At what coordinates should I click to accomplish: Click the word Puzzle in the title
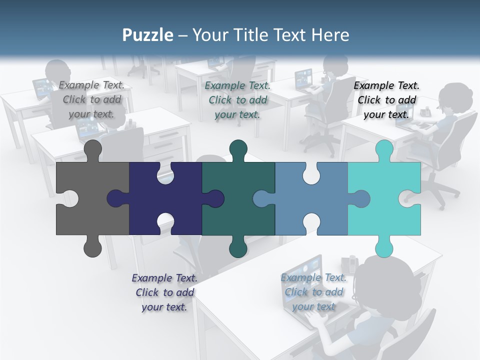(148, 35)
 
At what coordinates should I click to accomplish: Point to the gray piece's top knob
(93, 148)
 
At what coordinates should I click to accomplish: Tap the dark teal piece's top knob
(238, 148)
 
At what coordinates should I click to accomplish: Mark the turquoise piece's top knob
(384, 148)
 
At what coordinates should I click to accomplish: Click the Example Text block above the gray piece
(91, 99)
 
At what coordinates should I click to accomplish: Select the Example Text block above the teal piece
(237, 99)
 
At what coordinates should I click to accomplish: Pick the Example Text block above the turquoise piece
(386, 99)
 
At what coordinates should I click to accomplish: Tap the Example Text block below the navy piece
(164, 292)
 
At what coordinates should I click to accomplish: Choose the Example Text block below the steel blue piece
(313, 291)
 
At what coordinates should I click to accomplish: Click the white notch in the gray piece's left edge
(69, 198)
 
